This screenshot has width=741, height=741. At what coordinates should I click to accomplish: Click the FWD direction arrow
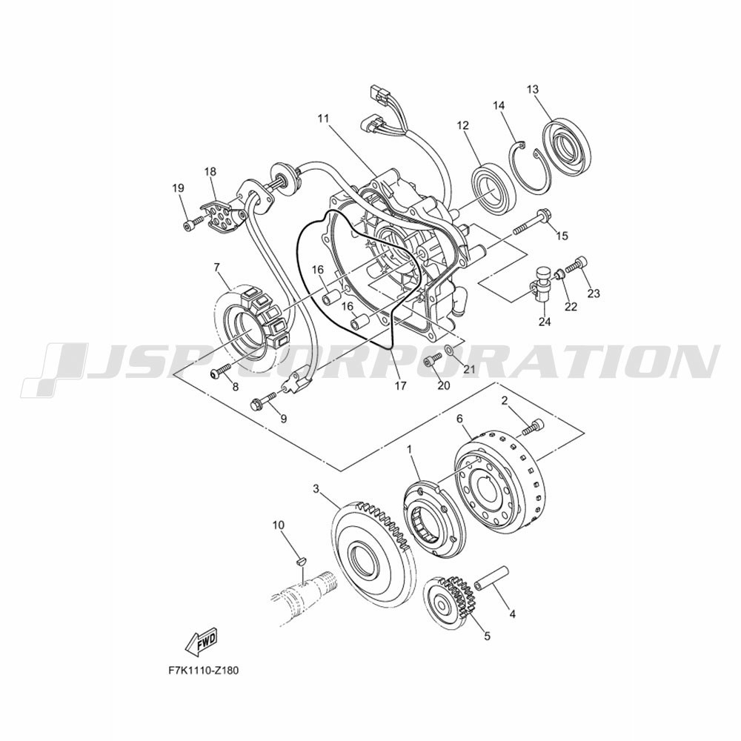click(x=202, y=642)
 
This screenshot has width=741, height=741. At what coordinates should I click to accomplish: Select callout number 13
click(x=533, y=89)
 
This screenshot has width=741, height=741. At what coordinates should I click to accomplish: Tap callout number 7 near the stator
click(x=217, y=268)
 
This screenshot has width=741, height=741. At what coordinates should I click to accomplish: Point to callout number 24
click(x=545, y=322)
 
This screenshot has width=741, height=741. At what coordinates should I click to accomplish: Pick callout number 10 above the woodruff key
click(x=279, y=525)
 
